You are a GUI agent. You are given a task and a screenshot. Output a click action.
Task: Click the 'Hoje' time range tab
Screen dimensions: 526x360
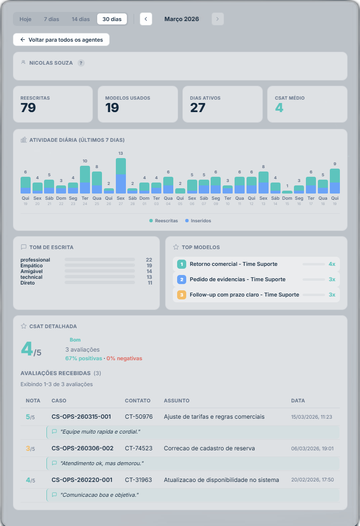click(25, 19)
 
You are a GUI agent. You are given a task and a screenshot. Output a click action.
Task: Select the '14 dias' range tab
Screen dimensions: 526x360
click(80, 19)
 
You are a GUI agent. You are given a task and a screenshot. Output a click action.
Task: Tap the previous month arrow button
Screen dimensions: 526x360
click(146, 19)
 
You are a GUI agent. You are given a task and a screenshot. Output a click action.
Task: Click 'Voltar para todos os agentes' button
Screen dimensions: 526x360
click(61, 40)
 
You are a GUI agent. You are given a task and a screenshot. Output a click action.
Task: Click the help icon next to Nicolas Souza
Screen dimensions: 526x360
click(81, 63)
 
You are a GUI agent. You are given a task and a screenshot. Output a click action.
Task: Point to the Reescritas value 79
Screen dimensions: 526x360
click(28, 108)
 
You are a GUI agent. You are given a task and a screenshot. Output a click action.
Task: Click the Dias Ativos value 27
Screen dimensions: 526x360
click(197, 108)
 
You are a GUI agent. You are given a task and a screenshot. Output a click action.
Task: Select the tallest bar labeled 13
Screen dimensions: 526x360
click(121, 176)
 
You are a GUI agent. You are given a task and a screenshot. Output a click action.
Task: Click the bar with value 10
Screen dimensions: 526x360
click(85, 180)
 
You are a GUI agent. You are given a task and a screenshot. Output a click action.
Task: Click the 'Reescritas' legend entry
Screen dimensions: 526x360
click(164, 221)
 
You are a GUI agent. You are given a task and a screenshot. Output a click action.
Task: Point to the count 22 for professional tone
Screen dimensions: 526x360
click(149, 260)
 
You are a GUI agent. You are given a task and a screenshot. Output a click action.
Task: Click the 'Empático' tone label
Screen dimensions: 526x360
click(32, 265)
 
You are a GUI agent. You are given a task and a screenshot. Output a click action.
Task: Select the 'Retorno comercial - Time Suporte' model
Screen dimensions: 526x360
click(233, 264)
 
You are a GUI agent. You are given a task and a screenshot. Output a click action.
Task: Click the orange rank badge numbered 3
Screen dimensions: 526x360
click(181, 295)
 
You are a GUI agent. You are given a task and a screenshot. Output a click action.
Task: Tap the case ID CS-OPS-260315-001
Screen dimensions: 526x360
click(81, 417)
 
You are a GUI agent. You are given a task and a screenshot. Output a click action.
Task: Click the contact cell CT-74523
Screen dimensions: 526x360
click(138, 448)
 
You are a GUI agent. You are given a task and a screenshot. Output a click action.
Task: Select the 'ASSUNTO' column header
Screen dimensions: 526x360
click(177, 400)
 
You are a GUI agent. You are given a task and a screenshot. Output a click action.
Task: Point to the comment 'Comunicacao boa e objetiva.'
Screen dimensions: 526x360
click(99, 495)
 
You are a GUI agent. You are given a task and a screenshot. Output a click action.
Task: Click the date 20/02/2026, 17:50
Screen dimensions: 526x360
click(312, 480)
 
